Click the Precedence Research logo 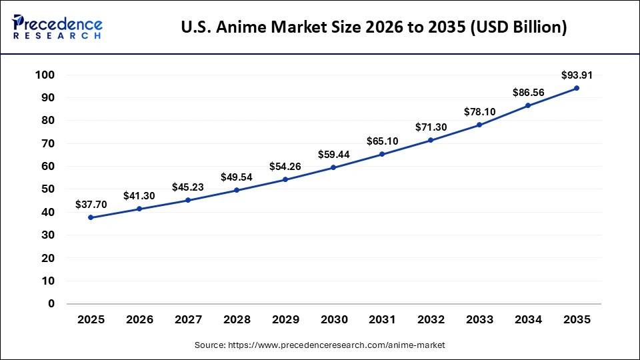coord(57,27)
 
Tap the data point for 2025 coord(91,217)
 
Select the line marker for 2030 coord(333,167)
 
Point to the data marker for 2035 coord(577,88)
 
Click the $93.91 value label coord(577,75)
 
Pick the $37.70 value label coord(91,204)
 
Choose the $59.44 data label coord(333,154)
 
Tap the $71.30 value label coord(431,127)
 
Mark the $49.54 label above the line coord(237,177)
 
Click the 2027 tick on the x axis coord(188,320)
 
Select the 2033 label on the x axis coord(479,320)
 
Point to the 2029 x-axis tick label coord(285,320)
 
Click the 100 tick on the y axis coord(45,75)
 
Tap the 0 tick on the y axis coord(51,304)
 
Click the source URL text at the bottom coord(319,345)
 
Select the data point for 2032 coord(431,140)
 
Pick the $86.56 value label coord(528,92)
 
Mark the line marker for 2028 coord(237,190)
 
